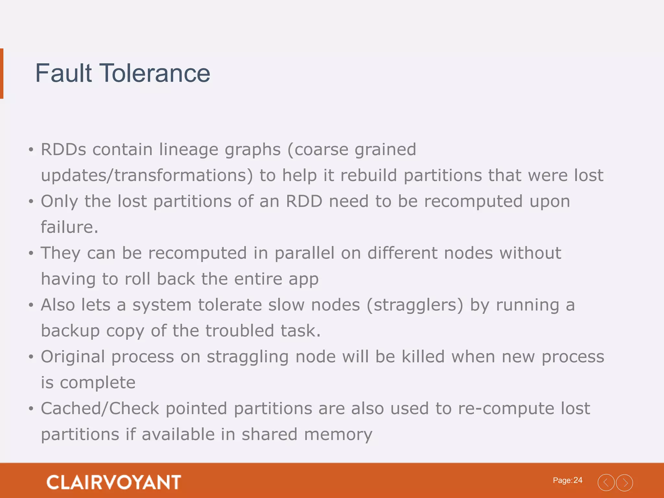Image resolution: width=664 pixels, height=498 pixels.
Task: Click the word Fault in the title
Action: coord(63,73)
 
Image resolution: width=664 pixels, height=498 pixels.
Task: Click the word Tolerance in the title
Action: coord(155,73)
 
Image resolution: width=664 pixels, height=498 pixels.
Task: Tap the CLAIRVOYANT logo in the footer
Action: coord(113,482)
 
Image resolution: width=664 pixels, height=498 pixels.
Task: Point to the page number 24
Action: coord(578,480)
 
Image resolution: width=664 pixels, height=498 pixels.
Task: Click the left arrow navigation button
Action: coord(606,482)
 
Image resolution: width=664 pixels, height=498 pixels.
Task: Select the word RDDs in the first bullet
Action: coord(64,149)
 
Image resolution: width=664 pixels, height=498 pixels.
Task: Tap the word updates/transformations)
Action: coord(147,175)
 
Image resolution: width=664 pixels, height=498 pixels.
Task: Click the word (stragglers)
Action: coord(415,305)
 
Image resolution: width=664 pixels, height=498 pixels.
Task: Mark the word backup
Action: coord(70,331)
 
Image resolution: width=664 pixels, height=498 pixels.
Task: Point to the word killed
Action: coord(423,357)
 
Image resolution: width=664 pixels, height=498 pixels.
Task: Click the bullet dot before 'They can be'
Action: coord(31,253)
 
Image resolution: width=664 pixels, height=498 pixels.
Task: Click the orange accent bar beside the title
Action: coord(2,73)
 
